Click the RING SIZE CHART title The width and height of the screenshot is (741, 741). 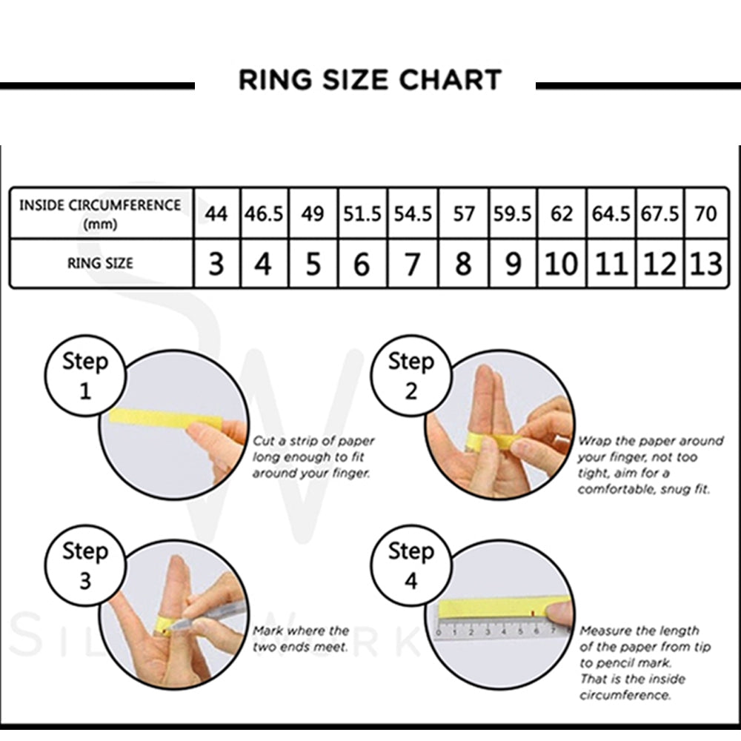click(370, 79)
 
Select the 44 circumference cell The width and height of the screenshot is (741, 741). click(216, 213)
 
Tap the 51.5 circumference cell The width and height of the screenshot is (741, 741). click(362, 213)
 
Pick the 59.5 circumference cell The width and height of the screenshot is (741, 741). click(513, 213)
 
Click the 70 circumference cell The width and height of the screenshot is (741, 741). click(706, 213)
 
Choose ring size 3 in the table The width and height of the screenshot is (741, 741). click(216, 264)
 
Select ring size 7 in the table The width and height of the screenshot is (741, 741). click(413, 264)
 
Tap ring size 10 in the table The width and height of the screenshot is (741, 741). click(562, 264)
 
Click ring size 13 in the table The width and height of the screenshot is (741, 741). click(706, 264)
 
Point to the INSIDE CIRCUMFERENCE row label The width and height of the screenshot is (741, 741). click(100, 213)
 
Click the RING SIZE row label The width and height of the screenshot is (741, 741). click(100, 263)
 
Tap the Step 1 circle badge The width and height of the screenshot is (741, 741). click(84, 376)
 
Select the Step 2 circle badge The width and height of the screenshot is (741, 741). click(411, 376)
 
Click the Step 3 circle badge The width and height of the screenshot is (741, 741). click(84, 565)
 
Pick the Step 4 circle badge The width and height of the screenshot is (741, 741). click(411, 565)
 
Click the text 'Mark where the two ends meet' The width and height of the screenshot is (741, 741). click(300, 639)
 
